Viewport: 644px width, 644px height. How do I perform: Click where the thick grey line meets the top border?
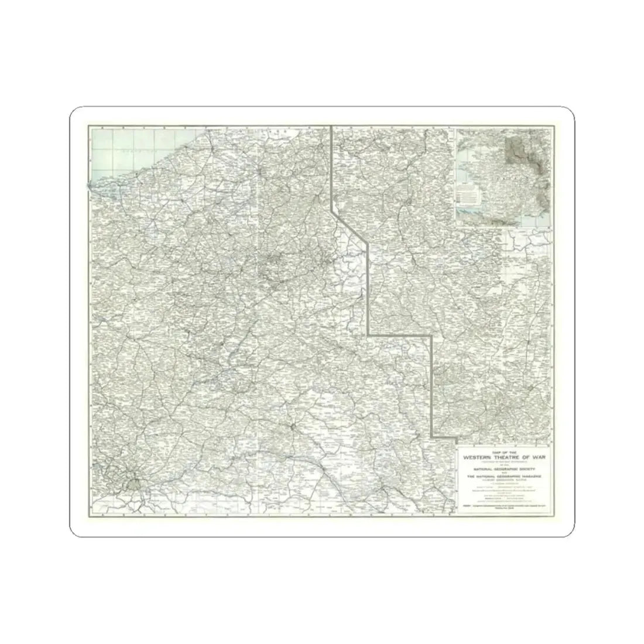332,127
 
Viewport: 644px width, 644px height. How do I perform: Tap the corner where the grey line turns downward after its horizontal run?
432,336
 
